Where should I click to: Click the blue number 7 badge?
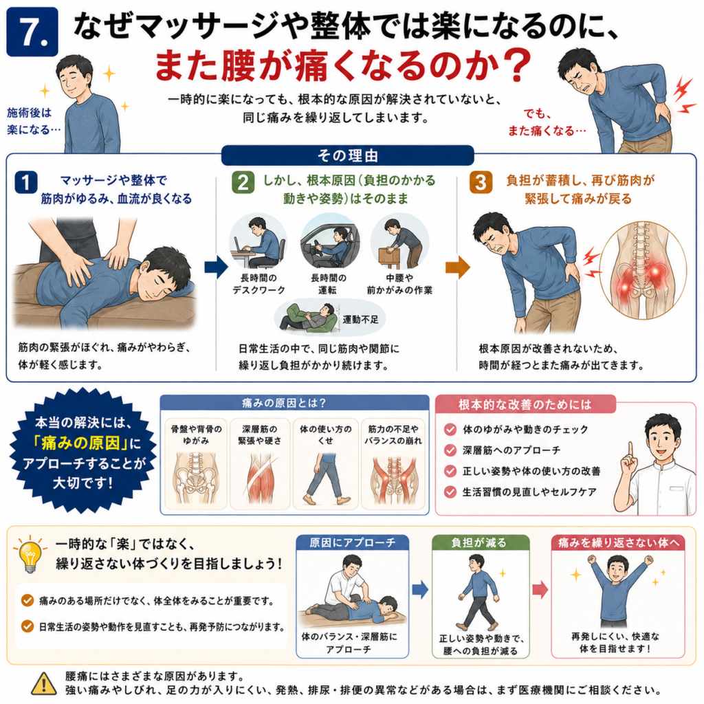[32, 32]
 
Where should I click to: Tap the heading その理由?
[347, 156]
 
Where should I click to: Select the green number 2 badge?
[243, 182]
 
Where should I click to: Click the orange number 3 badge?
[481, 182]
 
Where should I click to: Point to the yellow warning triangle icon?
[43, 684]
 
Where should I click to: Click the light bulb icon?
[30, 553]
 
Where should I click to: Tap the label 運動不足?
[360, 319]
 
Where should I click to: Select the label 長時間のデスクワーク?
[258, 284]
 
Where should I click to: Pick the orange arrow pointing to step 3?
[458, 267]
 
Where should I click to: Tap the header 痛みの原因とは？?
[284, 403]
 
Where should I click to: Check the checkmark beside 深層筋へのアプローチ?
[450, 450]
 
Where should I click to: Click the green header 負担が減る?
[481, 543]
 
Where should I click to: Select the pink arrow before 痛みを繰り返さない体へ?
[540, 589]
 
